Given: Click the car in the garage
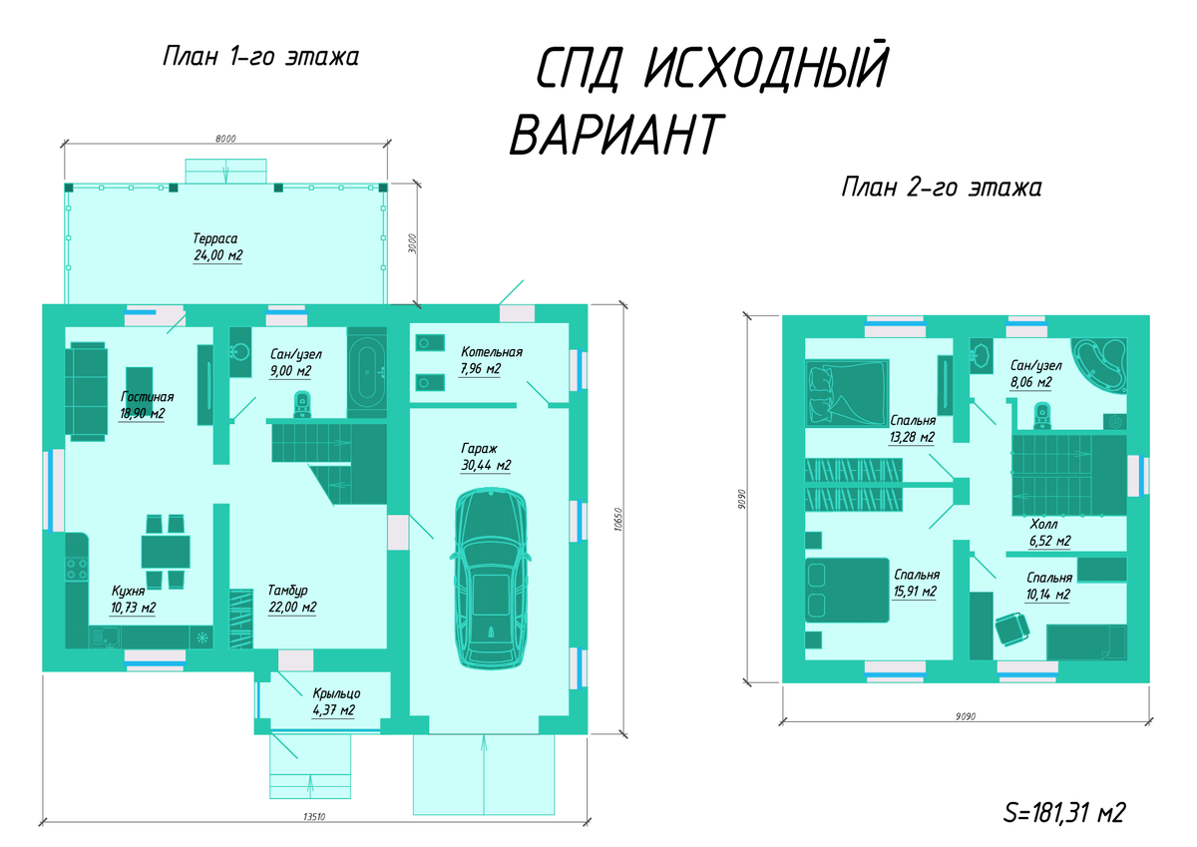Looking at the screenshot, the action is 491,579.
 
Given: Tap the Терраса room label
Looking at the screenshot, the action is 215,238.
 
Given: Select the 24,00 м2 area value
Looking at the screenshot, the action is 218,255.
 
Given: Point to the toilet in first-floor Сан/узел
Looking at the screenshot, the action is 302,405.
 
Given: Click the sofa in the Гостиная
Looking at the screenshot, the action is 87,392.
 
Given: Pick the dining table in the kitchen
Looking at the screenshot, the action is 166,552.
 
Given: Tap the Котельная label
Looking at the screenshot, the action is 492,352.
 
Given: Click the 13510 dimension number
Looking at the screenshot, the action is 314,816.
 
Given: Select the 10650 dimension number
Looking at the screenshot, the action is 617,519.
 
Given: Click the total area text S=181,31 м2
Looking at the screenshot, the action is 1064,813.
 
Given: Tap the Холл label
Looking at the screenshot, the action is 1043,524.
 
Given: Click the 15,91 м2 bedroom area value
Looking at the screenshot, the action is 915,592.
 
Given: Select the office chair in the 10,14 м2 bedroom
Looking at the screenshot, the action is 1012,629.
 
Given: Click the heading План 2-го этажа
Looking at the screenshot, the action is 942,188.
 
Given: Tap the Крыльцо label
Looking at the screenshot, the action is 337,693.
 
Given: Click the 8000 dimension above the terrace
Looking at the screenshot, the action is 225,139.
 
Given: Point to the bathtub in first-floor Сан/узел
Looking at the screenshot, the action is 367,372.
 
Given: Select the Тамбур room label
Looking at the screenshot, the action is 287,590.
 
